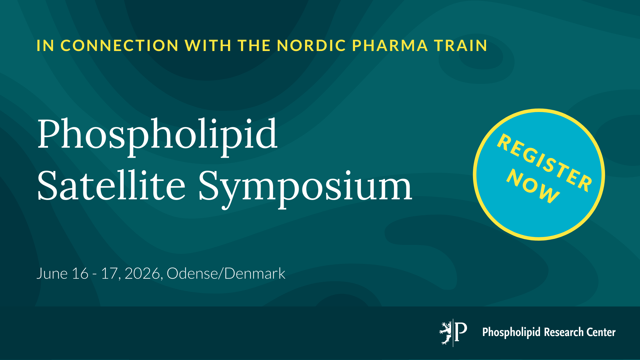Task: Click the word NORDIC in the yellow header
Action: point(312,46)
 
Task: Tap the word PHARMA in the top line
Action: point(390,46)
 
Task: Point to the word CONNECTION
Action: point(120,46)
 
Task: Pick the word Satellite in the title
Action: point(111,185)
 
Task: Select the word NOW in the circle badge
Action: point(533,186)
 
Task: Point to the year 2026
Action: point(143,274)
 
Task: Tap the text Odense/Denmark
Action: point(226,273)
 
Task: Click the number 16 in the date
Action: point(80,274)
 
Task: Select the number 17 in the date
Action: point(109,274)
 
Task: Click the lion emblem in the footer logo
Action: point(445,333)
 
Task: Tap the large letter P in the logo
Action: point(461,332)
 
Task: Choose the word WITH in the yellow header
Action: point(208,46)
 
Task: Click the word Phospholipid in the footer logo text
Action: point(511,333)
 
